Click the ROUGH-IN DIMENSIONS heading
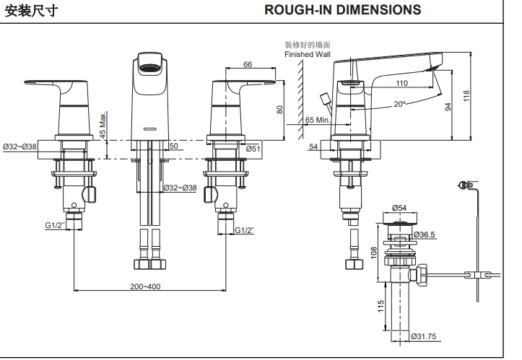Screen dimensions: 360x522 click(342, 10)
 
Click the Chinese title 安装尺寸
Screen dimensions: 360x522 click(32, 10)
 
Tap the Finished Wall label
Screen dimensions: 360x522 click(307, 53)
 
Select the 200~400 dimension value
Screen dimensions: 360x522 click(145, 286)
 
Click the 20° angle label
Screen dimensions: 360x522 click(399, 104)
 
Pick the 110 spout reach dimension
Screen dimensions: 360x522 click(401, 84)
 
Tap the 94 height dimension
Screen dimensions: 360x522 click(448, 107)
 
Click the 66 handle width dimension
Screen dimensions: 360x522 click(248, 64)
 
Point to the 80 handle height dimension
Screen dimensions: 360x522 click(280, 110)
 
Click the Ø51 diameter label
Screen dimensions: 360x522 click(253, 148)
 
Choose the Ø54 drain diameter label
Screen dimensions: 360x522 click(399, 209)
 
